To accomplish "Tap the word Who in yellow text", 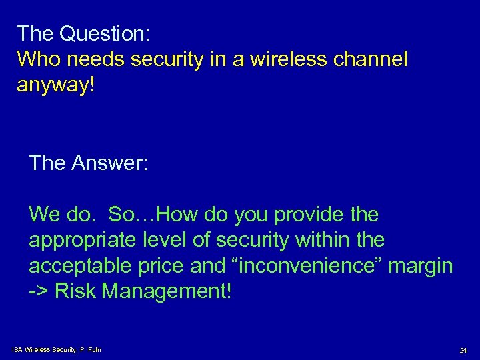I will (x=38, y=60).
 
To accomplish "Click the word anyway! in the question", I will (x=56, y=86).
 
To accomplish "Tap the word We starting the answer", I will (x=45, y=215).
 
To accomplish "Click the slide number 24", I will (x=463, y=350).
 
